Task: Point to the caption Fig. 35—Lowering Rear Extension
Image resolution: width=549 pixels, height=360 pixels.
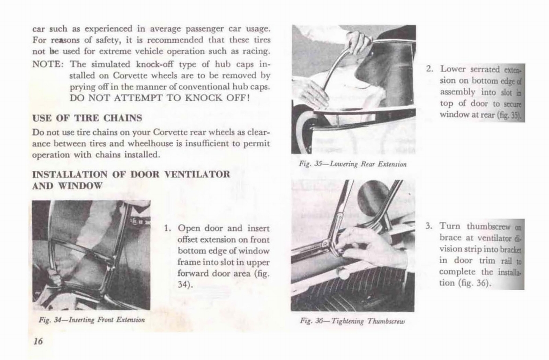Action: [x=352, y=164]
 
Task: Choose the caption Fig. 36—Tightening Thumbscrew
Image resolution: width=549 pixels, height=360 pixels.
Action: [x=352, y=321]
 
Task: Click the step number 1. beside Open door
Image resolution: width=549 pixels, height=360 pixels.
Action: [x=167, y=228]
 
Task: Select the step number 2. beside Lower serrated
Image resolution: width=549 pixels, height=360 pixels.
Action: [x=429, y=69]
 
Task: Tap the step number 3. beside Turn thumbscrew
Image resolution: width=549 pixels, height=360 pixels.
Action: [x=429, y=226]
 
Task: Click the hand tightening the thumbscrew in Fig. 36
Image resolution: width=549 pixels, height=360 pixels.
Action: [x=370, y=247]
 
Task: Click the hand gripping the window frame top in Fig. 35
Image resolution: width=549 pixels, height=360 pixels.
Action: [x=357, y=42]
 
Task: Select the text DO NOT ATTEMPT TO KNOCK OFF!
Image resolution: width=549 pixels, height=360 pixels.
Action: [x=160, y=99]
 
